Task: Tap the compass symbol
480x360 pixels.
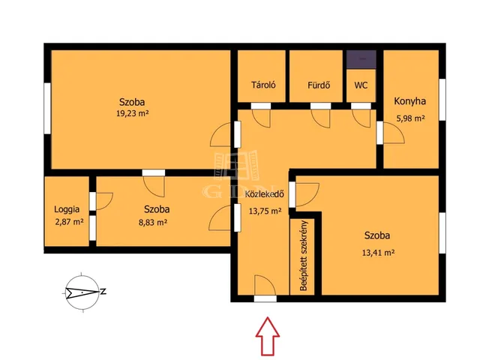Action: click(x=82, y=292)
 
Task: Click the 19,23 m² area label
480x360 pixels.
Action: click(x=132, y=113)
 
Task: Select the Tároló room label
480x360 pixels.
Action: click(x=263, y=85)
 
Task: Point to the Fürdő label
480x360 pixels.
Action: click(x=319, y=85)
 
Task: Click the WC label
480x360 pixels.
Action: click(x=361, y=85)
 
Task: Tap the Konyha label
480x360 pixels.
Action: click(x=409, y=101)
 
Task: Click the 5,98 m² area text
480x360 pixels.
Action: click(x=410, y=118)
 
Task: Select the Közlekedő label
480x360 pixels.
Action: click(x=265, y=194)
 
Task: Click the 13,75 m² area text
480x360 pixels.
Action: click(x=265, y=211)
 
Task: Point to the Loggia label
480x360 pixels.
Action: click(x=67, y=210)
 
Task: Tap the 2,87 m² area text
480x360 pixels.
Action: click(x=69, y=222)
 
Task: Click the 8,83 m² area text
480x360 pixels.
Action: click(x=153, y=222)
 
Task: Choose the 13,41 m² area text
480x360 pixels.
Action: click(x=378, y=253)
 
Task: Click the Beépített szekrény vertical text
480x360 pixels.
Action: click(x=304, y=256)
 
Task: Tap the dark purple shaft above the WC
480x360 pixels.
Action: click(x=361, y=59)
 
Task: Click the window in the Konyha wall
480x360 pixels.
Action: click(x=442, y=100)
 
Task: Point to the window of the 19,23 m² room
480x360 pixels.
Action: click(x=47, y=108)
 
